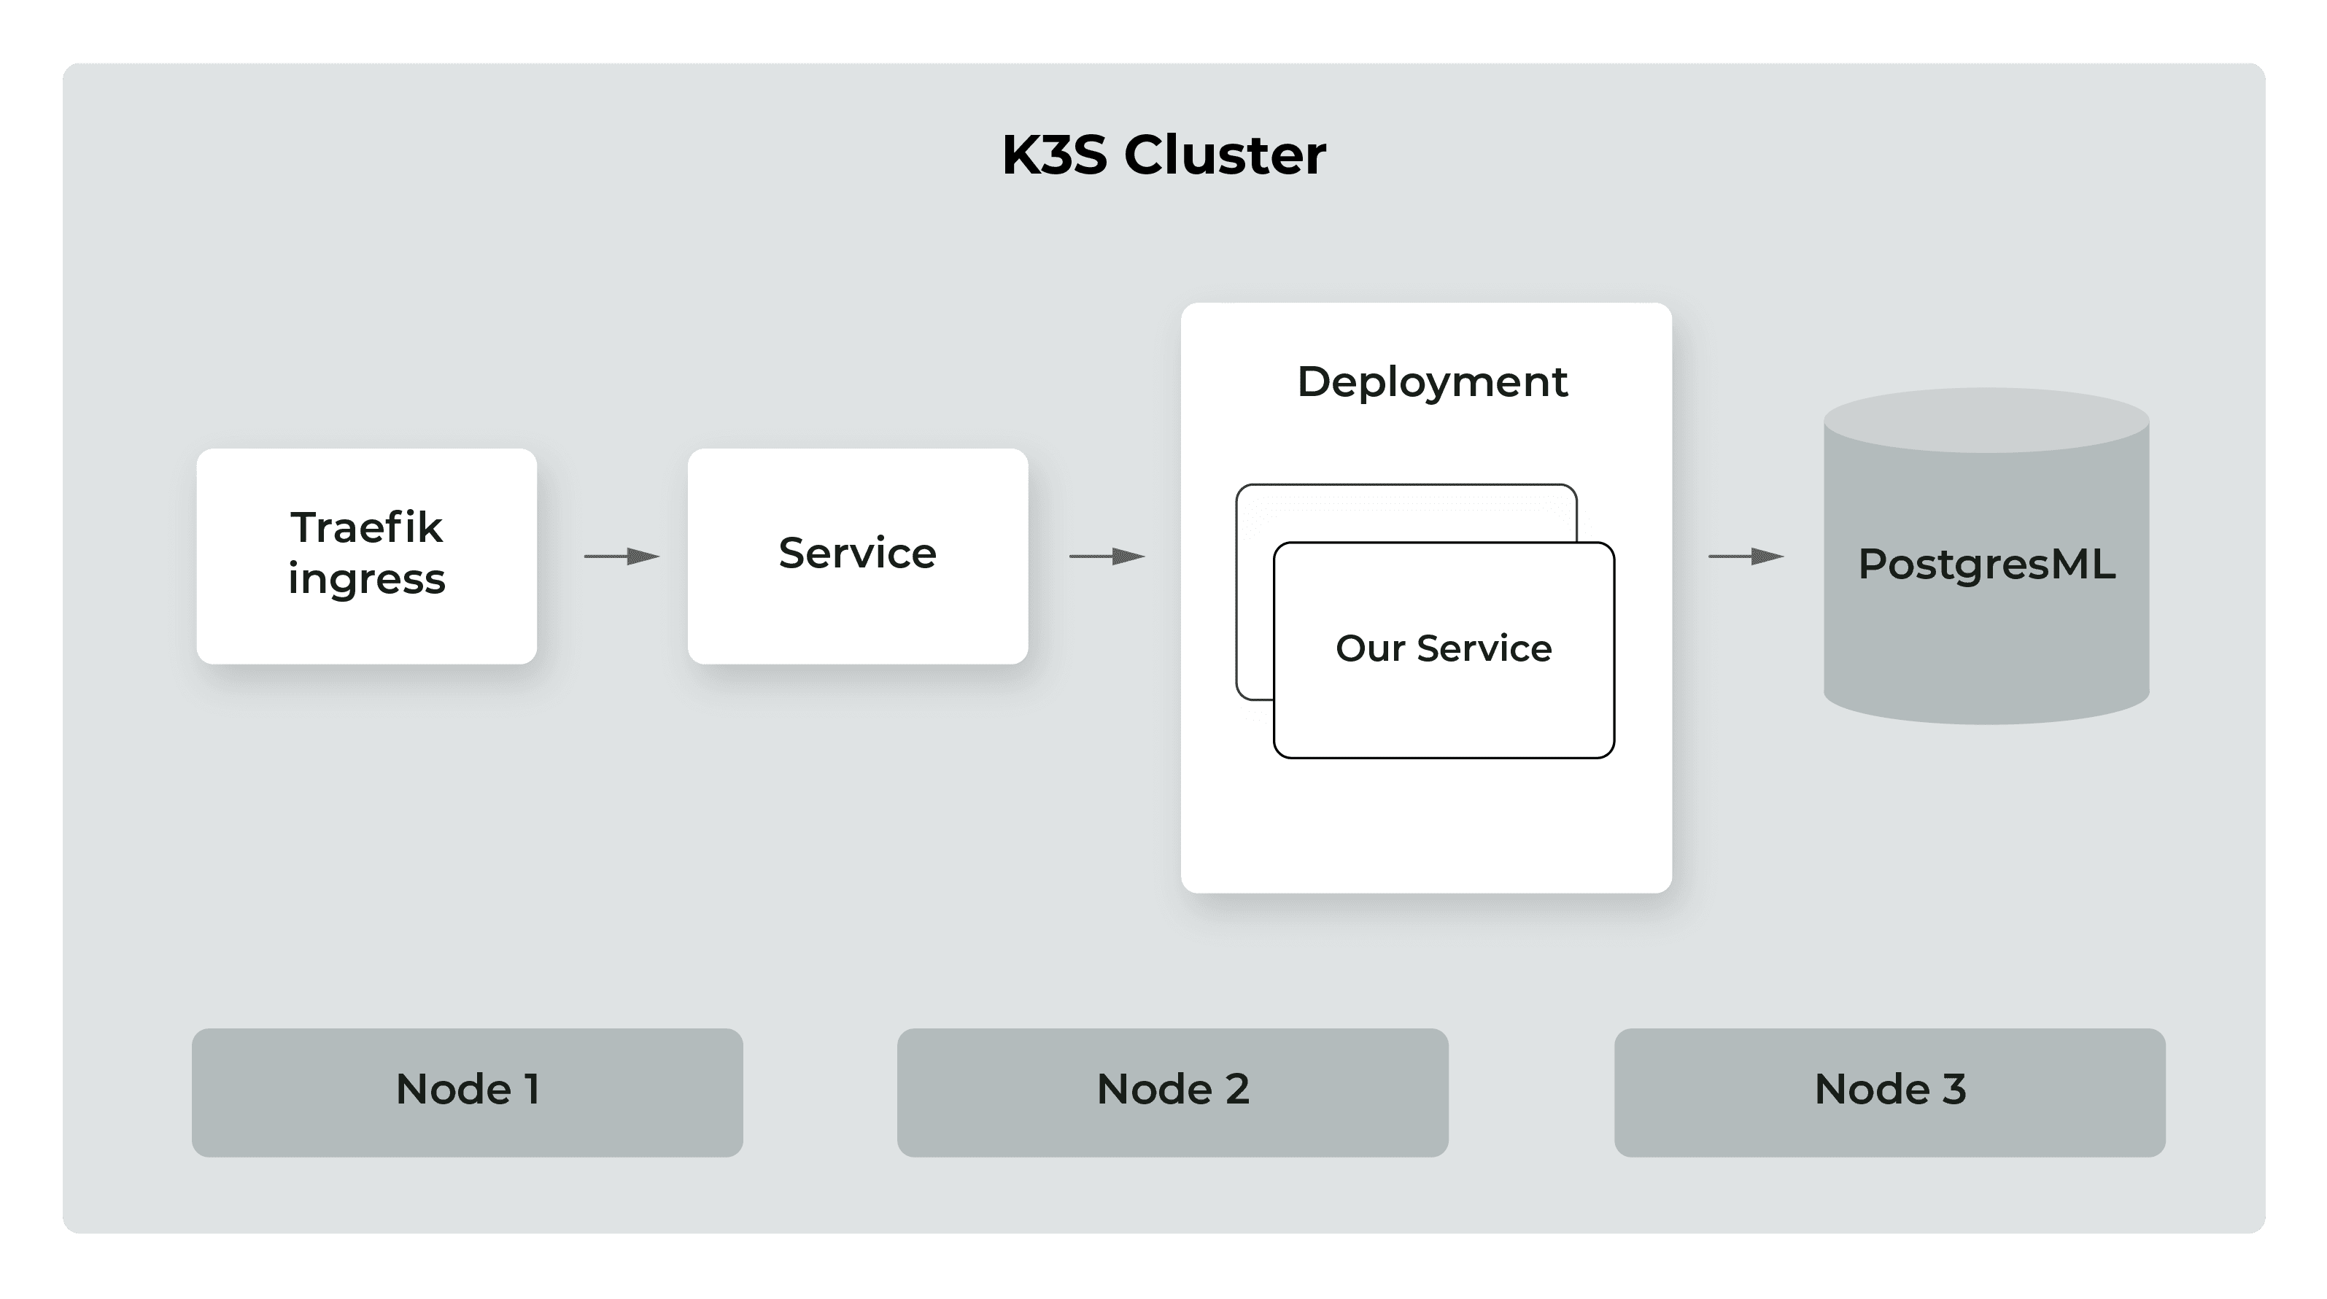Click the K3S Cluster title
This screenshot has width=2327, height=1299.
tap(1163, 155)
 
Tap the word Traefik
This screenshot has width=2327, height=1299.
tap(366, 527)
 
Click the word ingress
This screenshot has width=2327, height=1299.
tap(366, 580)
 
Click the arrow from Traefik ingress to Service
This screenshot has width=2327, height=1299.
tap(622, 557)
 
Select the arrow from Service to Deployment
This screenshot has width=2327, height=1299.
tap(1107, 557)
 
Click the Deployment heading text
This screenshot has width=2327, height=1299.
tap(1432, 382)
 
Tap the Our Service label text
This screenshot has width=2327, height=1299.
tap(1444, 648)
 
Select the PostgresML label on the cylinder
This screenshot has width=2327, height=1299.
tap(1986, 565)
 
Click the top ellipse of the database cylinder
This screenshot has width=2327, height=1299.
tap(1986, 421)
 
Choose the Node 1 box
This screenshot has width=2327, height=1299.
tap(467, 1092)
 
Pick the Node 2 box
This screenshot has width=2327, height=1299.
tap(1172, 1092)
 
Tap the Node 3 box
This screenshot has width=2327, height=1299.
tap(1890, 1092)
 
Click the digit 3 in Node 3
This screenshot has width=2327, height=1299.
tap(1954, 1090)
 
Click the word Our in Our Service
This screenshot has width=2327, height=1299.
tap(1368, 648)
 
